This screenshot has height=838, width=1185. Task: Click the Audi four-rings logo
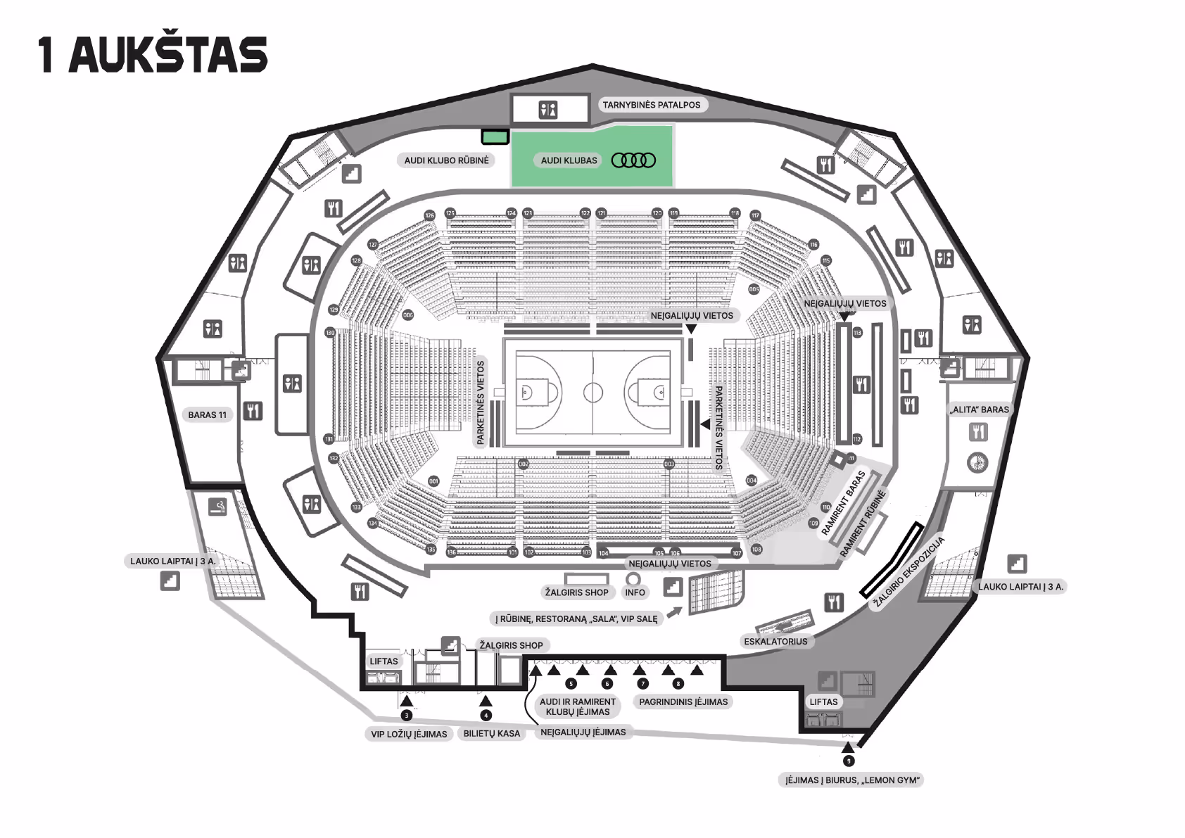tap(633, 160)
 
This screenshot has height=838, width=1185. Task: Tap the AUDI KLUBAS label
tap(569, 160)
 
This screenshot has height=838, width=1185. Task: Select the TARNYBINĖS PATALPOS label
tap(651, 105)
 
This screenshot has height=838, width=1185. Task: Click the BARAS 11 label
tap(208, 415)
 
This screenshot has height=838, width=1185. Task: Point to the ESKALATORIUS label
tap(775, 642)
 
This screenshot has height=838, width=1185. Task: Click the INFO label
tap(635, 592)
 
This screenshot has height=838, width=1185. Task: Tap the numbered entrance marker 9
tap(849, 761)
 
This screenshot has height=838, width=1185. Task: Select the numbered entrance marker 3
tap(406, 716)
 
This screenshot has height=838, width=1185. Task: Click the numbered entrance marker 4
tap(486, 716)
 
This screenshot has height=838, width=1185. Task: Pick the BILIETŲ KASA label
tap(491, 733)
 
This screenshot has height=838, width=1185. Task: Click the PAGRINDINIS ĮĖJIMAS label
tap(683, 701)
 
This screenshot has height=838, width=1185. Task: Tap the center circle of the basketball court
tap(592, 392)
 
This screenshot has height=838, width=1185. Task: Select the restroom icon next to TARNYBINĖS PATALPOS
tap(548, 110)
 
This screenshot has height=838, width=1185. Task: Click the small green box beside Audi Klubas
tap(495, 137)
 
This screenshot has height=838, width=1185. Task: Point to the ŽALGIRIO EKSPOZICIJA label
tap(908, 573)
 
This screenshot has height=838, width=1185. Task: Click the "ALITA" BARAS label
tap(979, 409)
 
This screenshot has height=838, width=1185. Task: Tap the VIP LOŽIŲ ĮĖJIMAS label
tap(409, 734)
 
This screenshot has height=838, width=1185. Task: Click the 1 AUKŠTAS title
tap(153, 54)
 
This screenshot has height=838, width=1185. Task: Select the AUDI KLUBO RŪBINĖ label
tap(446, 160)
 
